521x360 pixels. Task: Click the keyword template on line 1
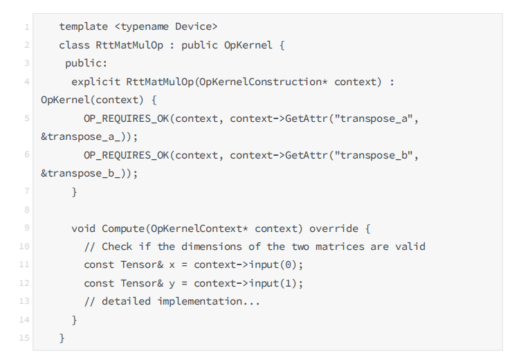(84, 27)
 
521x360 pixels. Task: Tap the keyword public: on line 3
(86, 64)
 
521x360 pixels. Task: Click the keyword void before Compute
(84, 228)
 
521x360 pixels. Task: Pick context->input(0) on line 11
(248, 265)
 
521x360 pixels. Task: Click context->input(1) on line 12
(248, 283)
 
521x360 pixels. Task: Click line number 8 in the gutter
(26, 210)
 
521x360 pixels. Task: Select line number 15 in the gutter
(24, 339)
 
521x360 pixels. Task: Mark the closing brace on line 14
(75, 320)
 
